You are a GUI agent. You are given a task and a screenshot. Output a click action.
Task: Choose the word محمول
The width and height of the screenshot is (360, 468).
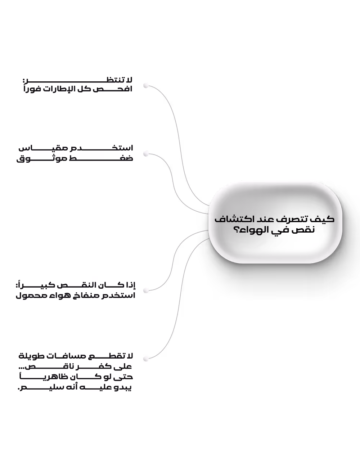(x=28, y=295)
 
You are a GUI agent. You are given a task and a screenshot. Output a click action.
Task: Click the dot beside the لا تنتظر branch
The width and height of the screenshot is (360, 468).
(x=146, y=86)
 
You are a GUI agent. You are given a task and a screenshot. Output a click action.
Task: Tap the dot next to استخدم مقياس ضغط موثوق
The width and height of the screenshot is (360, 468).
(x=146, y=154)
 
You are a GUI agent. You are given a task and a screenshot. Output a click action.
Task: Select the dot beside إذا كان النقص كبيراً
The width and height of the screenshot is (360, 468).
(x=146, y=291)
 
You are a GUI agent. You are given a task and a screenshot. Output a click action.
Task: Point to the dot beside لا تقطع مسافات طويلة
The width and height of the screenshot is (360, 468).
(x=146, y=359)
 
